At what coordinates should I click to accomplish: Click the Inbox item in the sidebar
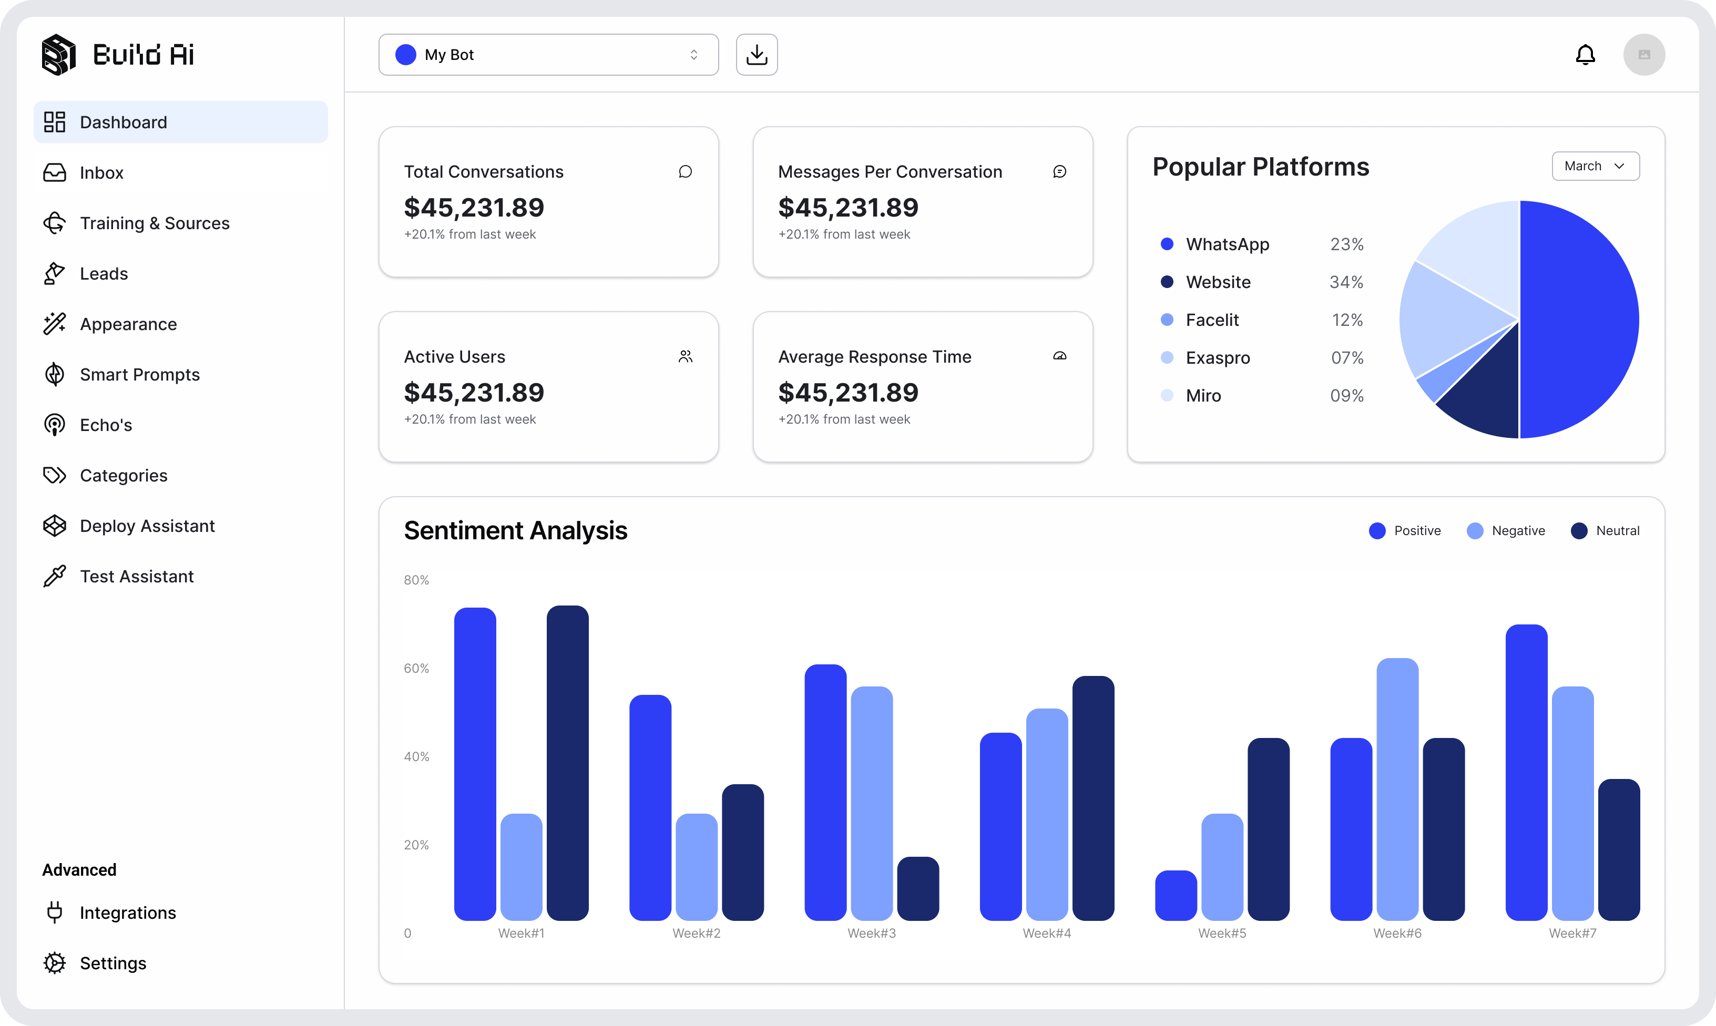click(101, 173)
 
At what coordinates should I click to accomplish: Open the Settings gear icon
click(55, 963)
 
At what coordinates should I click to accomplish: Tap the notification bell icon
click(1585, 55)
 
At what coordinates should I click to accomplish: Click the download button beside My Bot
click(757, 55)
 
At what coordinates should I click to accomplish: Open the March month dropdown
click(1595, 166)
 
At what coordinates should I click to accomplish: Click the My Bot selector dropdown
click(548, 55)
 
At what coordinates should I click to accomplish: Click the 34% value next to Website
click(1346, 282)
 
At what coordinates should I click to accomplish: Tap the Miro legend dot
click(1167, 395)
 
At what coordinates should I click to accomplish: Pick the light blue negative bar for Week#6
click(1397, 788)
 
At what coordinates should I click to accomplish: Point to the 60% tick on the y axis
click(416, 669)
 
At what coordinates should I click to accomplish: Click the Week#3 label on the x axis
click(871, 933)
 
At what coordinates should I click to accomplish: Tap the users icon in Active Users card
click(685, 357)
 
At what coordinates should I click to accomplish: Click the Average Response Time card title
click(875, 357)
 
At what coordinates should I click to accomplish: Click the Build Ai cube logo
click(59, 55)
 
